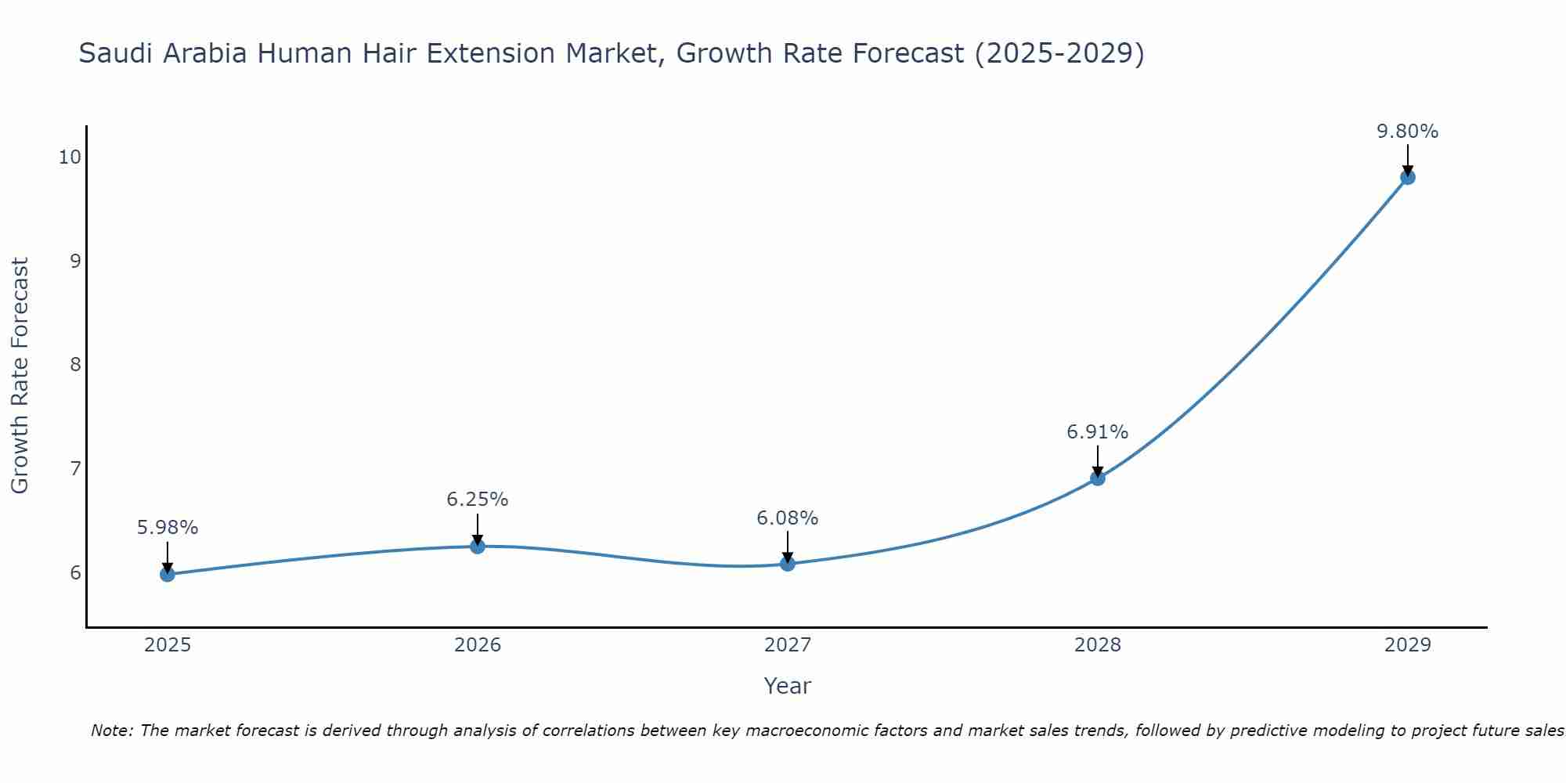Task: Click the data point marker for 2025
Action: (x=167, y=574)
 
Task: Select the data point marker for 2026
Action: (x=477, y=546)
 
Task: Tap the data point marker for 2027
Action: (x=787, y=563)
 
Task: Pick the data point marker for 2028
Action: (x=1097, y=478)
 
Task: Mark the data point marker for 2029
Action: (x=1407, y=177)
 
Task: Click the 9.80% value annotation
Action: (x=1407, y=132)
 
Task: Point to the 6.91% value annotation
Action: (x=1097, y=432)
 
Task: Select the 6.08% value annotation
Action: (x=787, y=518)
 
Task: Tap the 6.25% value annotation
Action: (x=477, y=500)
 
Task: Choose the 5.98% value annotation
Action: (x=167, y=528)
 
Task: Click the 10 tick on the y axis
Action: (x=70, y=157)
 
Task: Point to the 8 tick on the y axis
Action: (x=75, y=364)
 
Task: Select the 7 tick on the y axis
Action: (x=75, y=468)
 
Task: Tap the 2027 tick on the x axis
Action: (x=787, y=645)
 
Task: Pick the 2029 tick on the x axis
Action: (x=1407, y=645)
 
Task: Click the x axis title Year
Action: (x=787, y=686)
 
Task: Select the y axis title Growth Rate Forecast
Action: (x=20, y=376)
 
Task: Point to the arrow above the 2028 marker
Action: (x=1097, y=460)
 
